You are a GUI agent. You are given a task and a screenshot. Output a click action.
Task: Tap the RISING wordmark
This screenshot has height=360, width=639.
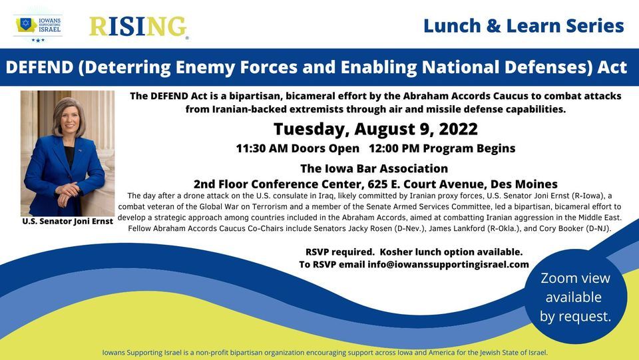pos(138,27)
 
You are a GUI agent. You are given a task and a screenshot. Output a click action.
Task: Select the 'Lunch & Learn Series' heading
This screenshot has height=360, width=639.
pos(523,26)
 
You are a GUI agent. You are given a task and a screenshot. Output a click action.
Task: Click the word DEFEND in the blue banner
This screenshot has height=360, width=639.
pos(45,68)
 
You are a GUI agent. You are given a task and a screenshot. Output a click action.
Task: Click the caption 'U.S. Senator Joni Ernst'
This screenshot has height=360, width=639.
pos(67,221)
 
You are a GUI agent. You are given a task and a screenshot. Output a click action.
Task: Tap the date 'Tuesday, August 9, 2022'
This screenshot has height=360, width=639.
pos(375,128)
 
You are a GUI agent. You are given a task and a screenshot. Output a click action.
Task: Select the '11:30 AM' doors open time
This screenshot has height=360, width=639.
pos(261,148)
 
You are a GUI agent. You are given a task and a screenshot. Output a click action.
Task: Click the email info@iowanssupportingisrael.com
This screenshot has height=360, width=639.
pos(448,264)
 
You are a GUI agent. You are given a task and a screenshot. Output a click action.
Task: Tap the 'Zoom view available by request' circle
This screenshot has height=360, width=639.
pos(575,297)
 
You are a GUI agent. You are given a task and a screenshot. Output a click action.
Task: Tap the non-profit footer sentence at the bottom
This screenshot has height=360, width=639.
pos(325,352)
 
